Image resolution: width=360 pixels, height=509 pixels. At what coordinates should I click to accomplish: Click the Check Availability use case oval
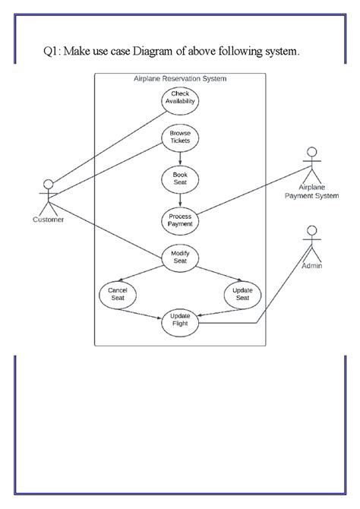(180, 100)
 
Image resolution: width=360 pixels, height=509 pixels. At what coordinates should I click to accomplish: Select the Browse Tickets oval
(180, 138)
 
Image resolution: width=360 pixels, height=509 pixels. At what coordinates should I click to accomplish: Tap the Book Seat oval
(180, 179)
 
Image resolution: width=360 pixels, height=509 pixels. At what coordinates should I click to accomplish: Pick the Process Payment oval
(180, 220)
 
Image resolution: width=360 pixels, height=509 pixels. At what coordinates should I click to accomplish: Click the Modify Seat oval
(180, 257)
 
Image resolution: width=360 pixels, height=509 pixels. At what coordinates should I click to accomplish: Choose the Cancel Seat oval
(118, 294)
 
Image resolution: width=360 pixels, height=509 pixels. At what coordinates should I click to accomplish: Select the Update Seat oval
(242, 294)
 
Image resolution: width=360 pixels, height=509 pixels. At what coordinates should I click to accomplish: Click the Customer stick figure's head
(49, 184)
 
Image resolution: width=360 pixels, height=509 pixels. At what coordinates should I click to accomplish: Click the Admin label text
(311, 267)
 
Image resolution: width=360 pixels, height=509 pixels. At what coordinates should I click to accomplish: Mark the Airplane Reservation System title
(180, 78)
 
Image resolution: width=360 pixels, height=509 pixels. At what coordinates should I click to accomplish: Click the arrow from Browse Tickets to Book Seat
(180, 158)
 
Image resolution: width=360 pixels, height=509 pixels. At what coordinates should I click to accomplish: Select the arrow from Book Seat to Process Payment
(180, 199)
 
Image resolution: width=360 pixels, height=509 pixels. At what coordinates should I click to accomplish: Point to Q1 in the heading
(50, 52)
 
